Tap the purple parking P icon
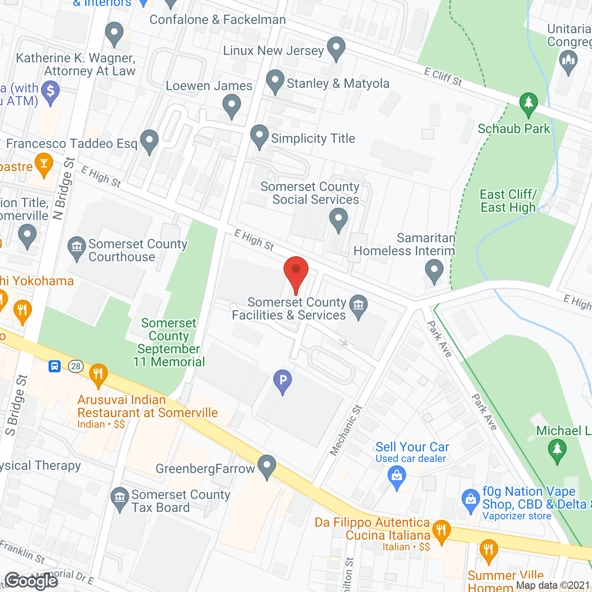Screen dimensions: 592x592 pos(283,381)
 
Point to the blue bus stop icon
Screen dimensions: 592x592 pos(55,367)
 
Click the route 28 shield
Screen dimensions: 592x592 pos(75,367)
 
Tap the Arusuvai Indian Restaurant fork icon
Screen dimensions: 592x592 pos(98,374)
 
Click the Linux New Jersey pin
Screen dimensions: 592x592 pos(336,48)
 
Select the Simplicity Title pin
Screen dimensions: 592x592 pos(259,136)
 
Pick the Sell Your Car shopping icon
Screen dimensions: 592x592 pos(397,476)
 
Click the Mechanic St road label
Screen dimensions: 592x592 pos(346,430)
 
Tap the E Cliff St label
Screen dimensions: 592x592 pos(443,76)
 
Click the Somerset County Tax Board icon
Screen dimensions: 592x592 pos(120,498)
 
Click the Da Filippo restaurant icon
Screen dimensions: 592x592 pos(441,530)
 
